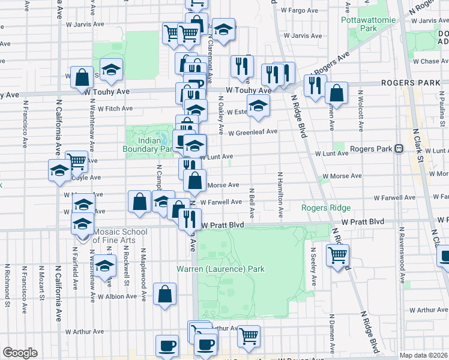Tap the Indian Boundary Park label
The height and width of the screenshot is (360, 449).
click(x=148, y=145)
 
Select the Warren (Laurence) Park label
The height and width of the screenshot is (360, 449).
click(x=220, y=269)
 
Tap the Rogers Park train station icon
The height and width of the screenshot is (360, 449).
click(x=398, y=149)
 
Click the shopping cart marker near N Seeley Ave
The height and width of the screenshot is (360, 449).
click(x=339, y=256)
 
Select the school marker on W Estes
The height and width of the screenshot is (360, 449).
click(x=259, y=106)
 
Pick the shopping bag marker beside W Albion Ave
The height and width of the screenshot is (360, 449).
click(x=164, y=295)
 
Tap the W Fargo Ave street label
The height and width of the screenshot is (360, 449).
click(x=299, y=10)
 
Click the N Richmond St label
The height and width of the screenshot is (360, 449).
click(x=7, y=286)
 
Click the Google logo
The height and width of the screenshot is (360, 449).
click(x=20, y=353)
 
